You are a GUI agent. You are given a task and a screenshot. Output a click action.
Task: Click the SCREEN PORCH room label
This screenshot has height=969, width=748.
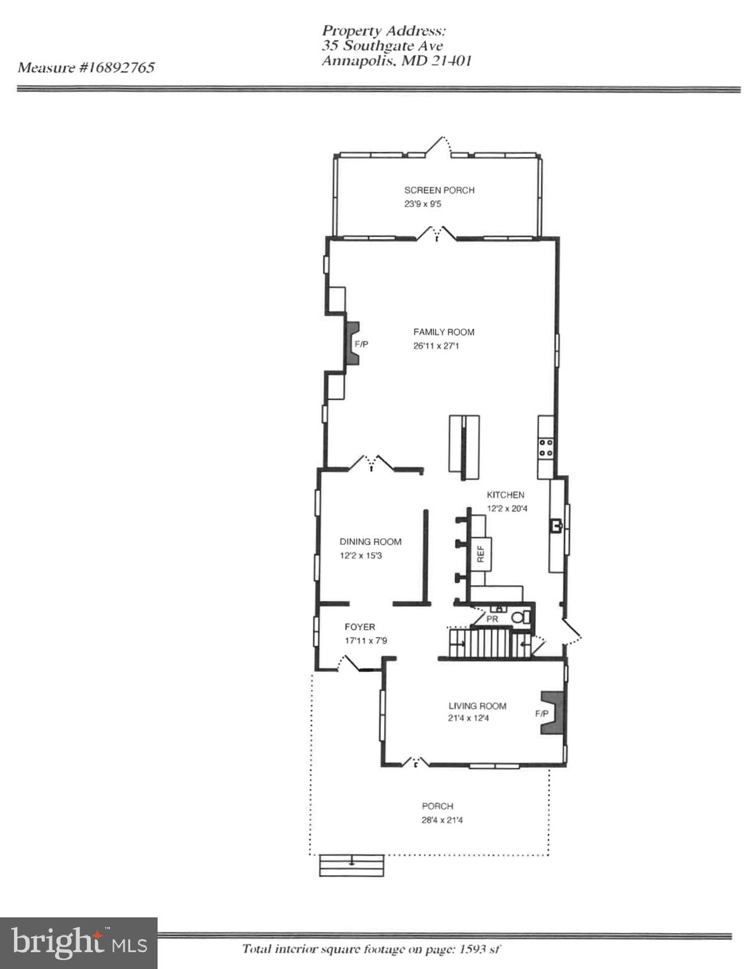pyautogui.click(x=439, y=190)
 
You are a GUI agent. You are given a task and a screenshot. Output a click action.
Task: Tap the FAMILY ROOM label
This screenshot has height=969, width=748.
pyautogui.click(x=443, y=332)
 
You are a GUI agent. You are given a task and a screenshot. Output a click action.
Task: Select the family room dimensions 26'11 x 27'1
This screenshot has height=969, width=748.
pyautogui.click(x=436, y=346)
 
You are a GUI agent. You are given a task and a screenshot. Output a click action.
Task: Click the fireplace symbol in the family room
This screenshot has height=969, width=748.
pyautogui.click(x=352, y=343)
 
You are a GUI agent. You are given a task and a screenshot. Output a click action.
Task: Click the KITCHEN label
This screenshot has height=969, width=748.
pyautogui.click(x=505, y=495)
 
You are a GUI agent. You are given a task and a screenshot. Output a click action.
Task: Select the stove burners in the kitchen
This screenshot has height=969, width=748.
pyautogui.click(x=546, y=447)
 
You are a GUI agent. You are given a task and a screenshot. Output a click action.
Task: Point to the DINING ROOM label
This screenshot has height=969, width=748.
pyautogui.click(x=370, y=541)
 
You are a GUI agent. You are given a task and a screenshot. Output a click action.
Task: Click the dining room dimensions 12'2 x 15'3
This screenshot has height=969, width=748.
pyautogui.click(x=361, y=556)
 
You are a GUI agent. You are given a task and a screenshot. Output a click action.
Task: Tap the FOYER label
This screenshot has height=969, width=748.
pyautogui.click(x=359, y=626)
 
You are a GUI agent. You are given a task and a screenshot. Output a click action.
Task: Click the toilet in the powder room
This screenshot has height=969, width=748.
pyautogui.click(x=520, y=618)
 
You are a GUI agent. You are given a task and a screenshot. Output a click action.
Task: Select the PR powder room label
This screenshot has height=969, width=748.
pyautogui.click(x=493, y=620)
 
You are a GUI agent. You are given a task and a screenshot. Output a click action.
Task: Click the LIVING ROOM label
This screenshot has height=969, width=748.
pyautogui.click(x=477, y=706)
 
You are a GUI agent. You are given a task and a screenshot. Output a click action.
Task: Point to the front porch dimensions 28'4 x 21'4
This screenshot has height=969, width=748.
pyautogui.click(x=442, y=820)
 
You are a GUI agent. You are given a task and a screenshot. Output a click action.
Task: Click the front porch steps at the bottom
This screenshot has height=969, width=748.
pyautogui.click(x=352, y=865)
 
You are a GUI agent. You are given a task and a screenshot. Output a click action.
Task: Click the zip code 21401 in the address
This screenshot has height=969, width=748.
pyautogui.click(x=451, y=61)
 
